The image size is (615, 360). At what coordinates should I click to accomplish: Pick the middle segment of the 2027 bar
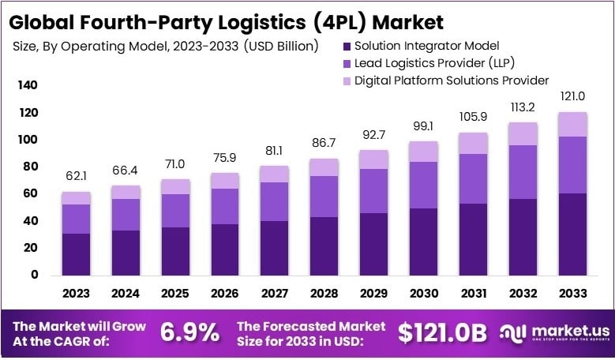(275, 201)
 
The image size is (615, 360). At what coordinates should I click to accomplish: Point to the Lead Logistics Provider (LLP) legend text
(426, 62)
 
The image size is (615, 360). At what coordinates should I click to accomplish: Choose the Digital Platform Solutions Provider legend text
(451, 80)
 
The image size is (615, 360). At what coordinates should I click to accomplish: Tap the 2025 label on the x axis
(175, 294)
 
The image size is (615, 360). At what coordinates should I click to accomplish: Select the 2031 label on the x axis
(474, 294)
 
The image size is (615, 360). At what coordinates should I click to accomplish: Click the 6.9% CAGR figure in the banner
(189, 332)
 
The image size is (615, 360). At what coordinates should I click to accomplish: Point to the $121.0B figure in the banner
(442, 332)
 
